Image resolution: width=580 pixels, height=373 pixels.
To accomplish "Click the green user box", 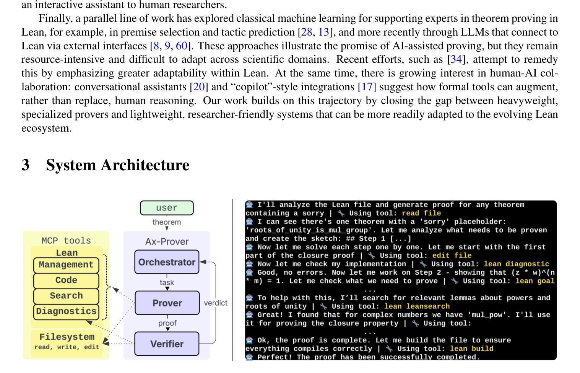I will tap(167, 208).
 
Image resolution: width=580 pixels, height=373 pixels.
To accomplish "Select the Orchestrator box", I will tap(167, 262).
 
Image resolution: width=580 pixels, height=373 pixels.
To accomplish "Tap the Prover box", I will tap(167, 303).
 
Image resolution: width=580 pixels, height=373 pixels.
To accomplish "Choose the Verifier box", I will tap(167, 344).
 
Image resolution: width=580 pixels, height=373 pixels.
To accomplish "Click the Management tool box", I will tap(66, 265).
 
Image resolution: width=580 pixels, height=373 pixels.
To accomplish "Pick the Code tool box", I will tap(66, 280).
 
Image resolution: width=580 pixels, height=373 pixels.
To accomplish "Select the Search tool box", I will tap(66, 296).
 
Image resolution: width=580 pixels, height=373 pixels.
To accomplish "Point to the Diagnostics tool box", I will tap(66, 311).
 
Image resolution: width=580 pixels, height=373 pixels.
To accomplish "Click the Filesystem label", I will tap(67, 337).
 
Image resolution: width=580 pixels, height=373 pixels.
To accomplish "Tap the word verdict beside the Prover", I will tap(216, 303).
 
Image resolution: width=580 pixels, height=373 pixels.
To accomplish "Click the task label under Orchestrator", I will tap(167, 283).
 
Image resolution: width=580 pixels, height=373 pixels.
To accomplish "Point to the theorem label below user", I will tap(167, 222).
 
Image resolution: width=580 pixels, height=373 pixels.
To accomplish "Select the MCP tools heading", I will tap(66, 241).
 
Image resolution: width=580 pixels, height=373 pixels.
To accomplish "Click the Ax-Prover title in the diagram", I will tap(167, 241).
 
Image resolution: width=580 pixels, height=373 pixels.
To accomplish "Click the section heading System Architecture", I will tap(117, 165).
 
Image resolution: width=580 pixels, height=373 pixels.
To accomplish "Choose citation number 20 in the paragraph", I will tap(199, 87).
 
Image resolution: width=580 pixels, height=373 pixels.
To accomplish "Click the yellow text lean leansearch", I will tap(417, 306).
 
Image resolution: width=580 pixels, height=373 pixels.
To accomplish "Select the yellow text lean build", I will tap(471, 349).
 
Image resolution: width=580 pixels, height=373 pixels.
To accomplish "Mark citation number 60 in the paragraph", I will tap(182, 46).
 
